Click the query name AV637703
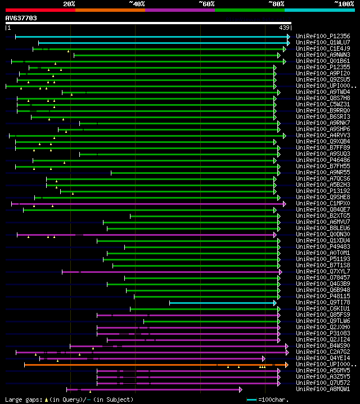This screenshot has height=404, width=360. (x=21, y=19)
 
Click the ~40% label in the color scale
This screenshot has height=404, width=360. (x=137, y=4)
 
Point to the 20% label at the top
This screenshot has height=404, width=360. (x=69, y=4)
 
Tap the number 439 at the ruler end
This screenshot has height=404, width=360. (x=284, y=28)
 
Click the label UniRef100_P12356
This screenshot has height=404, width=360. (x=323, y=37)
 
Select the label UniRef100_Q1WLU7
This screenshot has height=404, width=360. (x=323, y=43)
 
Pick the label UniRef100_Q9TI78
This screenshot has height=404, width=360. (x=323, y=303)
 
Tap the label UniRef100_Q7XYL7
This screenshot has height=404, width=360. (x=323, y=272)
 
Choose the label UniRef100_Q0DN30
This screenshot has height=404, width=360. (x=323, y=235)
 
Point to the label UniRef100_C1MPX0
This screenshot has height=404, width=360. (x=323, y=204)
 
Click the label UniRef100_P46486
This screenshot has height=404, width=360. (x=323, y=160)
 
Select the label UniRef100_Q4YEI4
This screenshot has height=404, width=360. (x=323, y=358)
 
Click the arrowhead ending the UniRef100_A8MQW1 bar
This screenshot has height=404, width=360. (x=241, y=389)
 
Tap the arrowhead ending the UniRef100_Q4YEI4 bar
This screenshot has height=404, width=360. (x=264, y=358)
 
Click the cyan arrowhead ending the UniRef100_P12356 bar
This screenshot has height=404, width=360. (x=289, y=37)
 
